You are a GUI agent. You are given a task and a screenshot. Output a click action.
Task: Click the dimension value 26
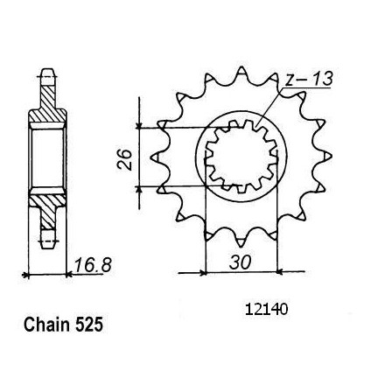point(124,159)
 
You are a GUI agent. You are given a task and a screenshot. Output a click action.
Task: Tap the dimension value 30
point(240,262)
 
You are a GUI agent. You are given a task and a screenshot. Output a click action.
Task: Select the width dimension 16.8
point(93,265)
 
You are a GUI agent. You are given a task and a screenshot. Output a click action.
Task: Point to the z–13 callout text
point(309,80)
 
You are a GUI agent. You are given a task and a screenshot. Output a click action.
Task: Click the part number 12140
point(267,310)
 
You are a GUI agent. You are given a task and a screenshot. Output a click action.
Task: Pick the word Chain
point(47,325)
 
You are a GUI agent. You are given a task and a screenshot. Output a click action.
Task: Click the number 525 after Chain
point(89,325)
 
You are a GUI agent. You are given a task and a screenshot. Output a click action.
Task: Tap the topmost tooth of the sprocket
point(241,72)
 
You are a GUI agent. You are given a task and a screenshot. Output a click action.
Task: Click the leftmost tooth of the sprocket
point(155,157)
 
